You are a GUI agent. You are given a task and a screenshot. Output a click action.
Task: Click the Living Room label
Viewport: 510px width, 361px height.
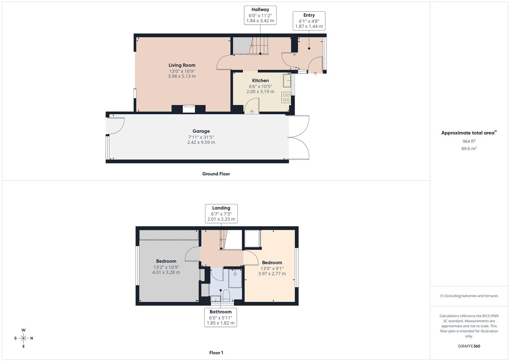182,65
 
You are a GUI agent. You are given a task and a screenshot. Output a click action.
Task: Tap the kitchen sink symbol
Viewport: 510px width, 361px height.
287,81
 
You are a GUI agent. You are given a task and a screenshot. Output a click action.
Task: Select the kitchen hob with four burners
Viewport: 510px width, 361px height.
286,97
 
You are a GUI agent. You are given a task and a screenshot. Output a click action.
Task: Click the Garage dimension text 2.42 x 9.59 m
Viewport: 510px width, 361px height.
201,142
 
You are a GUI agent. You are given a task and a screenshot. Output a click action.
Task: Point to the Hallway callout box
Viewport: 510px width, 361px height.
260,15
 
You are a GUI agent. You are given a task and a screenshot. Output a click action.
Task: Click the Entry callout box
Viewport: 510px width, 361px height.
309,21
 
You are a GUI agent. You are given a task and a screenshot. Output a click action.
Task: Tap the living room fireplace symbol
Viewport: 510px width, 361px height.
189,109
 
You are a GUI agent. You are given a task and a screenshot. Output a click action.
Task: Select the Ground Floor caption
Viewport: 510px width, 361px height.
216,174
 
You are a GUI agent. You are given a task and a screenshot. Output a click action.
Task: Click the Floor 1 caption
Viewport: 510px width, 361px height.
216,353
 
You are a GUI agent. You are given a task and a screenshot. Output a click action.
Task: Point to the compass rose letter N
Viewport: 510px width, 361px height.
32,338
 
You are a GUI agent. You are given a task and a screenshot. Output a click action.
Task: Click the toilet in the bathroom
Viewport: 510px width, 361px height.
226,295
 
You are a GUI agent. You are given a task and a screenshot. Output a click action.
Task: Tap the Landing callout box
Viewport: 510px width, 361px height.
221,214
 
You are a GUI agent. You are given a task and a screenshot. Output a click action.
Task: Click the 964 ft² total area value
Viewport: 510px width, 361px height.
469,141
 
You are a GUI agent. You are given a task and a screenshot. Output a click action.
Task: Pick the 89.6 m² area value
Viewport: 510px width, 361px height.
469,149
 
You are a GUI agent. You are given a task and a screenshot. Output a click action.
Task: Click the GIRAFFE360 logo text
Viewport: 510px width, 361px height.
469,346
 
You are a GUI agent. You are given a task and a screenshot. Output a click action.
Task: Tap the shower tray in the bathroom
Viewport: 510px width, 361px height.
235,278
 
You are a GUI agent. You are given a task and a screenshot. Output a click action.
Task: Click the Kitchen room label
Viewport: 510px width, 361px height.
260,81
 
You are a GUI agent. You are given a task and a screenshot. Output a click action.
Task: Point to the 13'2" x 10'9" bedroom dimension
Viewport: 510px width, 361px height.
166,267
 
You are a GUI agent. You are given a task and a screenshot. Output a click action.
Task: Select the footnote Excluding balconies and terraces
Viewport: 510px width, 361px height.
469,296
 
